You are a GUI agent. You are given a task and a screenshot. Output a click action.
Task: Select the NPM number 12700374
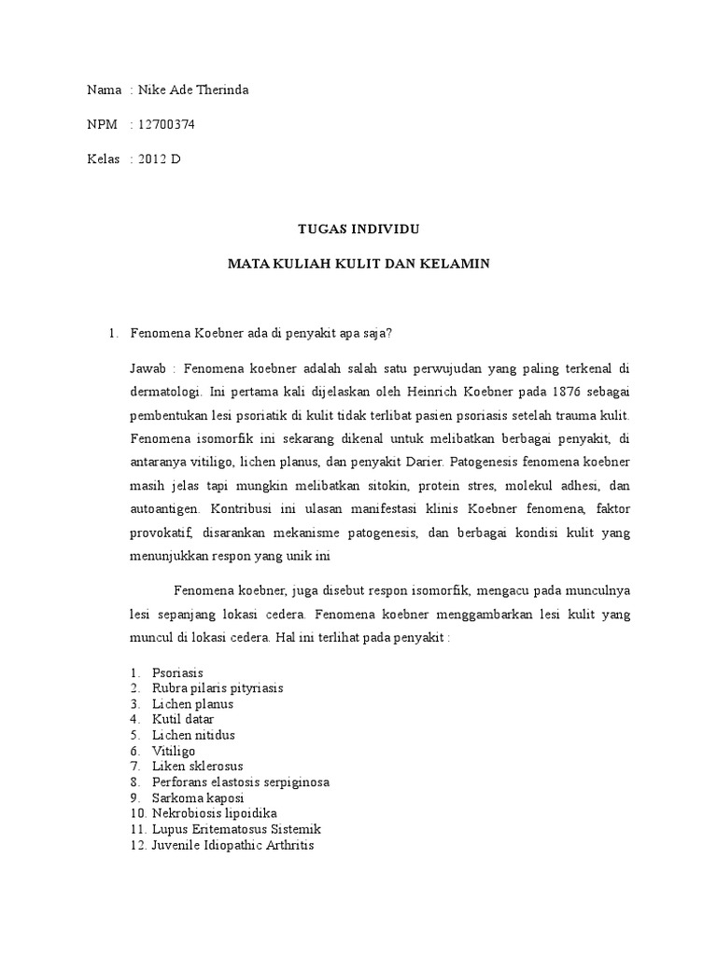tap(165, 124)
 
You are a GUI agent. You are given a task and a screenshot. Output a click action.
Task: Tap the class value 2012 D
tap(159, 159)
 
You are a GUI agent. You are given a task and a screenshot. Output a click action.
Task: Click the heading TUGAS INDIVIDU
tap(358, 228)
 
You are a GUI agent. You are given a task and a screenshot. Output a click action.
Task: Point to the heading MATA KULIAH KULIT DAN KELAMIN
tap(358, 264)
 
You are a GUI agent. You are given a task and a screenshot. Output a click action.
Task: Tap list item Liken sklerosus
tap(198, 767)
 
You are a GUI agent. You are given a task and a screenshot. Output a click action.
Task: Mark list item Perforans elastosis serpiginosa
tap(241, 782)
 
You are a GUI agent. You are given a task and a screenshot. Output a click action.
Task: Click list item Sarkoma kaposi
tap(197, 798)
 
